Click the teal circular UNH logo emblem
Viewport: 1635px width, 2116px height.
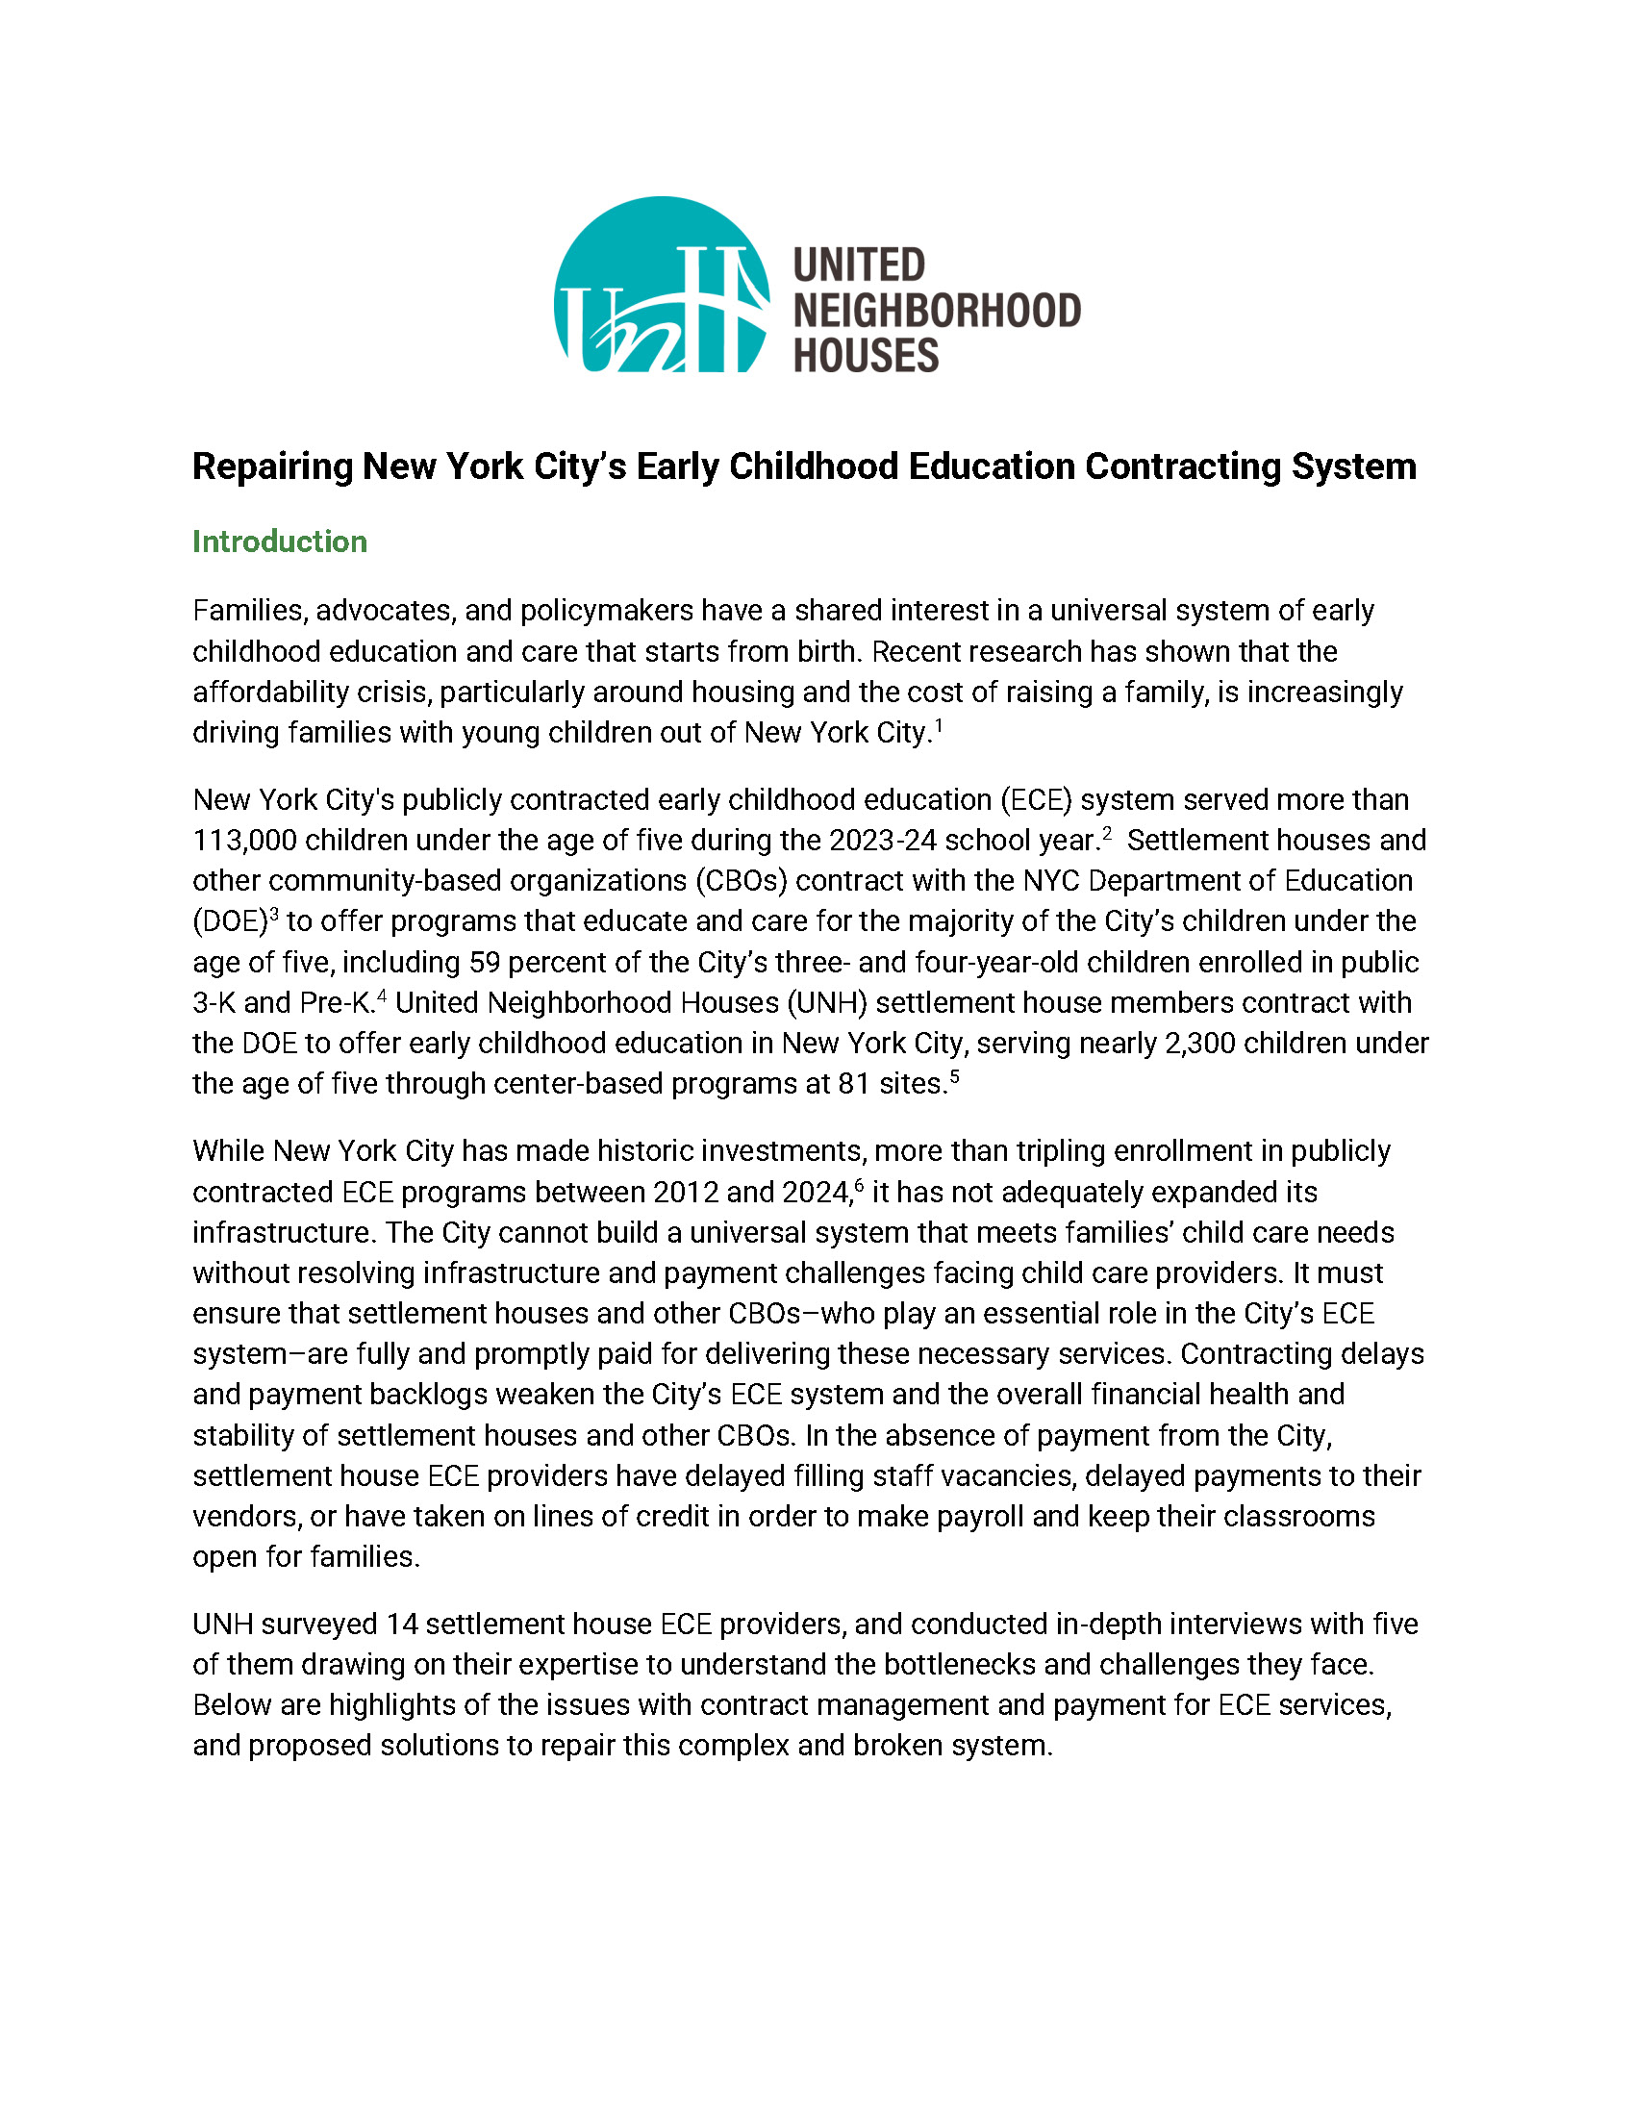click(x=662, y=285)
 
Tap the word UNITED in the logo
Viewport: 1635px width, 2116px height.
click(x=859, y=264)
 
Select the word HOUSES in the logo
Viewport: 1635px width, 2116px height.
click(x=866, y=356)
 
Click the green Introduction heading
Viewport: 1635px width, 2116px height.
click(x=280, y=542)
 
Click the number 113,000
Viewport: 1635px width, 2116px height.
click(x=245, y=841)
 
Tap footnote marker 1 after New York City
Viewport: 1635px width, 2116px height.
click(x=939, y=723)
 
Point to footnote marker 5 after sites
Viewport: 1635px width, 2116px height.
click(x=955, y=1075)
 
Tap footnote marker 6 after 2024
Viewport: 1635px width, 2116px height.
click(x=859, y=1185)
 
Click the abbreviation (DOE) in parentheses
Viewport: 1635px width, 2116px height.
click(x=230, y=921)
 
